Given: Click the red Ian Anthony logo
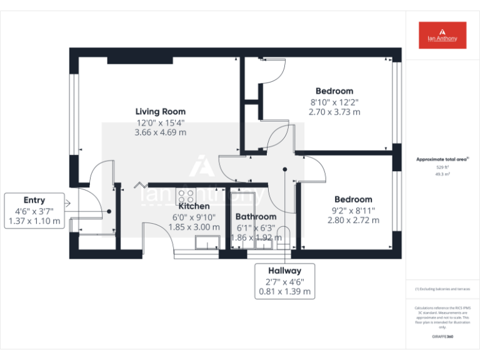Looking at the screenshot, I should [442, 35].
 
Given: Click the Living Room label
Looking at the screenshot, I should [161, 112].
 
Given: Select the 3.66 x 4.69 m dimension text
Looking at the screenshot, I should [161, 132].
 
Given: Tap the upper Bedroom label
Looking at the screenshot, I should [334, 91].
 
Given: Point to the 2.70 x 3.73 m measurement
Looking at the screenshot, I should [334, 112].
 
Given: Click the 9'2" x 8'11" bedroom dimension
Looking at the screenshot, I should [353, 210].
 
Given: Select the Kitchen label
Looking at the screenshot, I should [194, 206].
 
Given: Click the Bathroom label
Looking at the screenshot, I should [256, 217].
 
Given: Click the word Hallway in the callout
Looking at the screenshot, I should [285, 271].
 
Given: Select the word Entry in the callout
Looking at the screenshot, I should [34, 200].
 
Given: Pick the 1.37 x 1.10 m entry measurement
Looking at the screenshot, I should [34, 221].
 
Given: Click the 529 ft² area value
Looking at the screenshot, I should [442, 167].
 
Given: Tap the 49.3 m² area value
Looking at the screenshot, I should [442, 175].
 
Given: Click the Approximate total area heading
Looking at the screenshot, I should [442, 159].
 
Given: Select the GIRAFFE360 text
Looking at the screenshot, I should [442, 337].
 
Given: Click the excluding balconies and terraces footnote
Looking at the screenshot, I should [442, 289].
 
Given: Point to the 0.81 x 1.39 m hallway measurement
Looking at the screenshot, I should [285, 291].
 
